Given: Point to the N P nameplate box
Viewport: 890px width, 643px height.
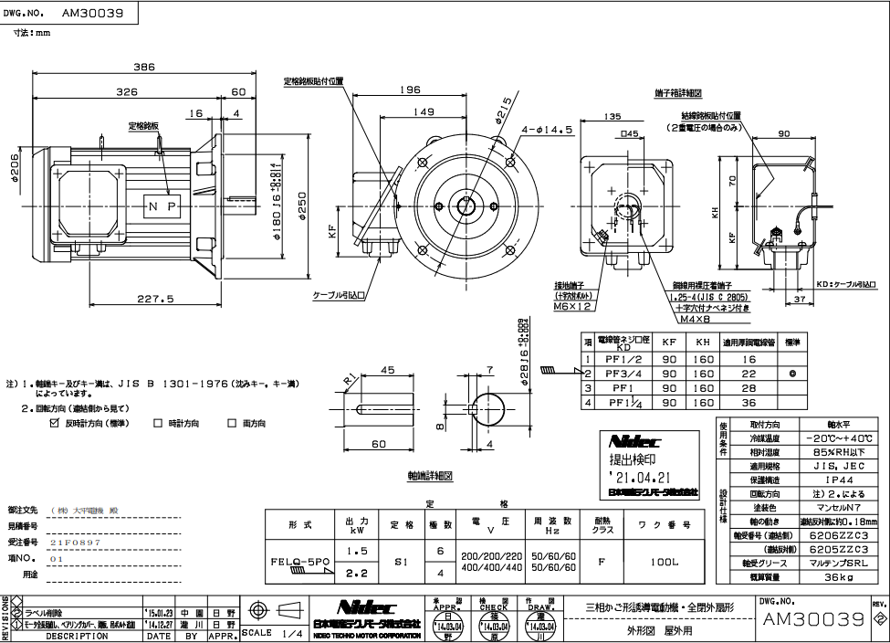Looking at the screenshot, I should (x=162, y=206).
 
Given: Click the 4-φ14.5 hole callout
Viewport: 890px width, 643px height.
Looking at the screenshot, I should (x=549, y=130).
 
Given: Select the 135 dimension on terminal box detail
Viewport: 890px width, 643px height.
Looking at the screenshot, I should (x=612, y=116).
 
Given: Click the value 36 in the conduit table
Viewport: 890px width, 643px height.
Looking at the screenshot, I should (x=749, y=402).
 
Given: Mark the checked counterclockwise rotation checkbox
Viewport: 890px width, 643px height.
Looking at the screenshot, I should (x=54, y=423).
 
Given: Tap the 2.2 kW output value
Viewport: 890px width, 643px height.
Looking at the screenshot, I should (x=359, y=574).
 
